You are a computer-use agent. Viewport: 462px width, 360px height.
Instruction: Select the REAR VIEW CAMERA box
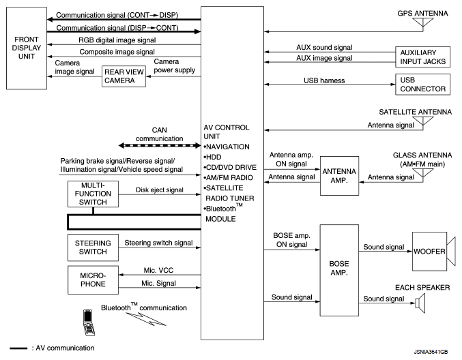click(124, 76)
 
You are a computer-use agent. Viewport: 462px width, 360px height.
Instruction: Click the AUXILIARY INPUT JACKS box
click(421, 57)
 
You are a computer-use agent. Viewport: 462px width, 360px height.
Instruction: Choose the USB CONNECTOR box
click(421, 85)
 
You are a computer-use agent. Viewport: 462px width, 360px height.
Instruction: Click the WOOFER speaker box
click(428, 252)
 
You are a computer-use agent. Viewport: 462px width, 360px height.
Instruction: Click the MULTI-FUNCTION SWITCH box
click(91, 195)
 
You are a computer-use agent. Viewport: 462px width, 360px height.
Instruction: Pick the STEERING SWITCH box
click(91, 245)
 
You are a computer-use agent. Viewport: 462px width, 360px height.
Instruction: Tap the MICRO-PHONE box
click(91, 280)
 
